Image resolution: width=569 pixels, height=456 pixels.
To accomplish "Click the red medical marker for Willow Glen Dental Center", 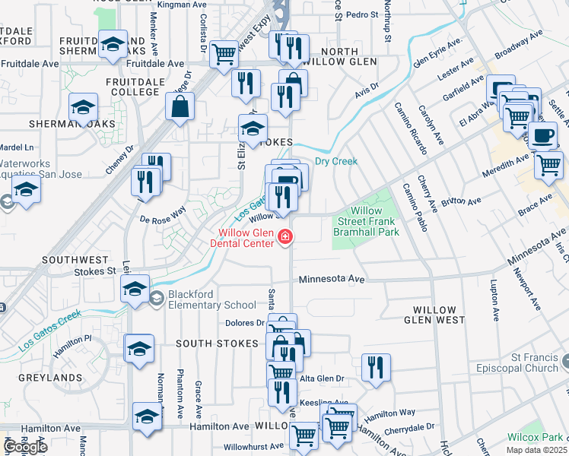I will [x=286, y=238].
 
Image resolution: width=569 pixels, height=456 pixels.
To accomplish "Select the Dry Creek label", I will [x=335, y=161].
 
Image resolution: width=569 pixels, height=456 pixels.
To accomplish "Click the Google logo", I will [x=25, y=447].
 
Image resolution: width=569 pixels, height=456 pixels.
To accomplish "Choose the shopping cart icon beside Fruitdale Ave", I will [x=224, y=54].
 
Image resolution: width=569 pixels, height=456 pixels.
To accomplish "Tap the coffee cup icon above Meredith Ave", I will [x=542, y=135].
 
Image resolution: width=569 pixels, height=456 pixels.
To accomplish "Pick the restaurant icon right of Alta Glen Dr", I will [x=374, y=367].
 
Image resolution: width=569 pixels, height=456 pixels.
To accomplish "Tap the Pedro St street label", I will [x=361, y=14].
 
